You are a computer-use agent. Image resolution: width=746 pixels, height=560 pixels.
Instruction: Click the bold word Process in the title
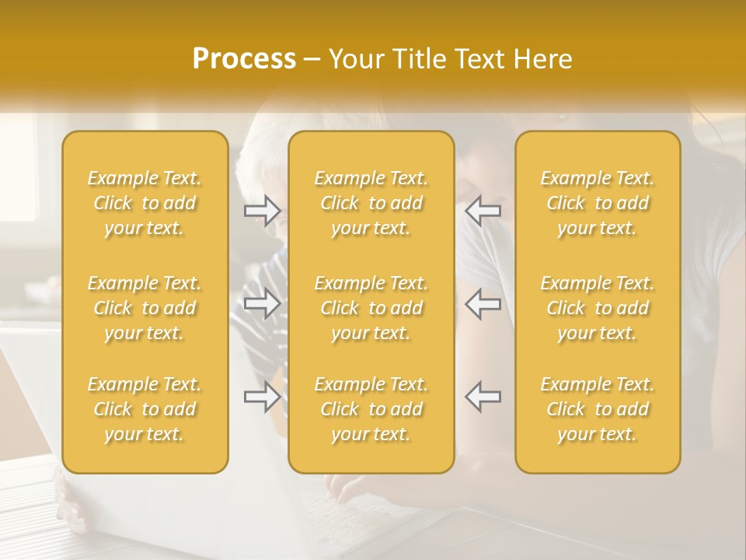[x=244, y=59]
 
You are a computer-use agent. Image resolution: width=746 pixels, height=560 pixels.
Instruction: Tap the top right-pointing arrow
[x=262, y=211]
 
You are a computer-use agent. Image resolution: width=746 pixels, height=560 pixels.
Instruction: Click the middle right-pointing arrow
[x=262, y=304]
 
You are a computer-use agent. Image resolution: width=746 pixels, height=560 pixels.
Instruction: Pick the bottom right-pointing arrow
[x=262, y=397]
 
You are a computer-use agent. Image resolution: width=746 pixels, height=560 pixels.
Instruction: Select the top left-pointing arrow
[x=483, y=211]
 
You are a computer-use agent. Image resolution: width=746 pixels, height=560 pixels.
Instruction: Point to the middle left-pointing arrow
[x=483, y=304]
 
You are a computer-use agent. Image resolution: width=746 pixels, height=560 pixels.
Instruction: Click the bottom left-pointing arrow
[x=483, y=397]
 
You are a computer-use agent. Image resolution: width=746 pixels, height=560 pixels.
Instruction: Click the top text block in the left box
[x=145, y=203]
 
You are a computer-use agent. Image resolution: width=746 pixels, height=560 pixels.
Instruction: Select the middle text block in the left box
[x=145, y=308]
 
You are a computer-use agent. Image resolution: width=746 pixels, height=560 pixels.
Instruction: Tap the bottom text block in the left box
[x=145, y=409]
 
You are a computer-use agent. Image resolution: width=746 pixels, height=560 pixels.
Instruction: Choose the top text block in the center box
[x=371, y=203]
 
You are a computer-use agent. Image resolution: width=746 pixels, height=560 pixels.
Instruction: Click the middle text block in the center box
[x=371, y=308]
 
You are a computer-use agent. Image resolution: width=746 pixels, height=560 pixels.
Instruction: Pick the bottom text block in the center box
[x=371, y=409]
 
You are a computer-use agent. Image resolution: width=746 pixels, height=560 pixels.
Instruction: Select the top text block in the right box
[x=598, y=203]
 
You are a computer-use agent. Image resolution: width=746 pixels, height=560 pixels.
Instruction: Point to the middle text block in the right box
[x=598, y=308]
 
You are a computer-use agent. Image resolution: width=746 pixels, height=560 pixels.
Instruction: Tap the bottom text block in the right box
[x=598, y=409]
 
